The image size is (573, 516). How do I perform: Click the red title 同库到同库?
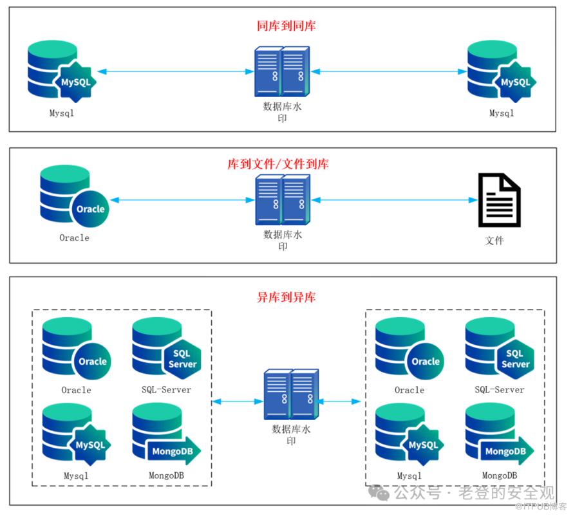[286, 26]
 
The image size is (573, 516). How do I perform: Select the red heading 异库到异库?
[286, 297]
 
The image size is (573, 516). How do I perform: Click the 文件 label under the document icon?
[494, 241]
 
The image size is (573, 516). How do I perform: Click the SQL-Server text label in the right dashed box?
[499, 390]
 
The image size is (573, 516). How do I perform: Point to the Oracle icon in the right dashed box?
[408, 348]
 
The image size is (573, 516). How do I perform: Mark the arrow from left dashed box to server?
[238, 401]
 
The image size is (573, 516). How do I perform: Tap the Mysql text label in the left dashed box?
[76, 476]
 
